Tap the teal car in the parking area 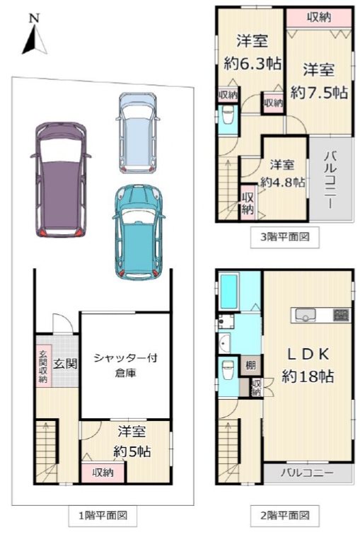coord(138,233)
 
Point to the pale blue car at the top coord(139,132)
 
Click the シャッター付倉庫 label coord(125,365)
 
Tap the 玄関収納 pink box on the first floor coord(43,366)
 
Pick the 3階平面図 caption coord(284,238)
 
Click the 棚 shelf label coord(251,365)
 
